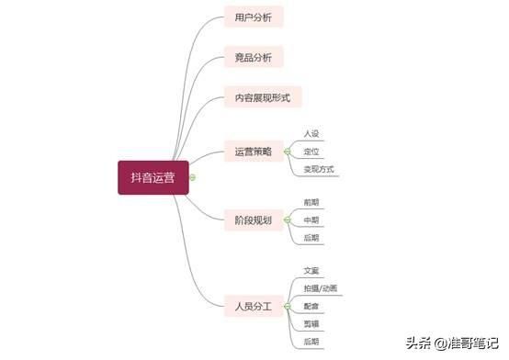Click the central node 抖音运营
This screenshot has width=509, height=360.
(x=153, y=177)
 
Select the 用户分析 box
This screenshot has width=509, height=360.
(x=254, y=17)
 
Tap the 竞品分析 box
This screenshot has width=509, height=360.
(x=254, y=57)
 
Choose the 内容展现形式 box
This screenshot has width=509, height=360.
(x=263, y=96)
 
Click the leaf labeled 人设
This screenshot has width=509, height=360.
(x=311, y=134)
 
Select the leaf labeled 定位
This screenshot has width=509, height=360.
(x=311, y=152)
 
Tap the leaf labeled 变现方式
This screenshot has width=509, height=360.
(x=318, y=169)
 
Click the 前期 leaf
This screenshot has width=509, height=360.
(x=311, y=202)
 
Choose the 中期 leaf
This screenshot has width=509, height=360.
(x=311, y=219)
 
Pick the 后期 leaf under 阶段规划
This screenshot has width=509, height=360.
(x=311, y=238)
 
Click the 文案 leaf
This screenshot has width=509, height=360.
(x=311, y=271)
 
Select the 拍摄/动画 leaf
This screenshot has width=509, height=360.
(x=320, y=288)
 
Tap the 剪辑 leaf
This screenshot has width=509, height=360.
(x=311, y=323)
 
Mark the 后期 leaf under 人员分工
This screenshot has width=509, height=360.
(x=311, y=342)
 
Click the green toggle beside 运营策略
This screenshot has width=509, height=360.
(x=287, y=152)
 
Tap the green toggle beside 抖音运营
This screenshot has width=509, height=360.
(x=193, y=177)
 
